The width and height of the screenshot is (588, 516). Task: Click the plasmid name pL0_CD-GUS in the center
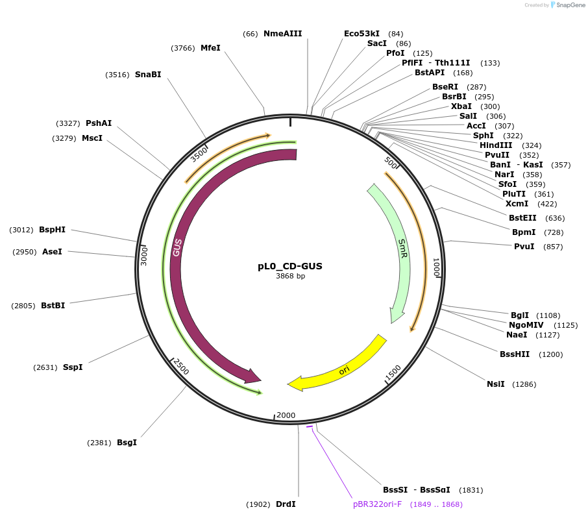[290, 266]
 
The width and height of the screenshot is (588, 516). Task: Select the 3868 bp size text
[290, 276]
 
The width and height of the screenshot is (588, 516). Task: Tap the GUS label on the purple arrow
[177, 247]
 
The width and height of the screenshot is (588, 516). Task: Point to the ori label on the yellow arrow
[345, 371]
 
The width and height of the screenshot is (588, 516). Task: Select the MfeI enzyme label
[210, 48]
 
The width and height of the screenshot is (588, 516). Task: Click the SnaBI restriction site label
[148, 75]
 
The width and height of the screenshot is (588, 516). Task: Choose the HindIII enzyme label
[496, 145]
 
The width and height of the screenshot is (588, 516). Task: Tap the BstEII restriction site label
[523, 218]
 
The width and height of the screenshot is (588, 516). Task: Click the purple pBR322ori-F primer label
[378, 504]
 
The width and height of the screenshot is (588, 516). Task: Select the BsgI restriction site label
[127, 443]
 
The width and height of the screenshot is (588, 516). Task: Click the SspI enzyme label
[73, 367]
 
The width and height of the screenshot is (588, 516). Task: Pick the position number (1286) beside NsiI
[524, 384]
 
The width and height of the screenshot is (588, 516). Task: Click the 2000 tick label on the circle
[286, 415]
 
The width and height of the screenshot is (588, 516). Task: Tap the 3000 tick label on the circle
[145, 255]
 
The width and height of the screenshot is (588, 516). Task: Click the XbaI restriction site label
[461, 106]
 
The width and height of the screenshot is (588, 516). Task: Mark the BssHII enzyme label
[515, 354]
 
